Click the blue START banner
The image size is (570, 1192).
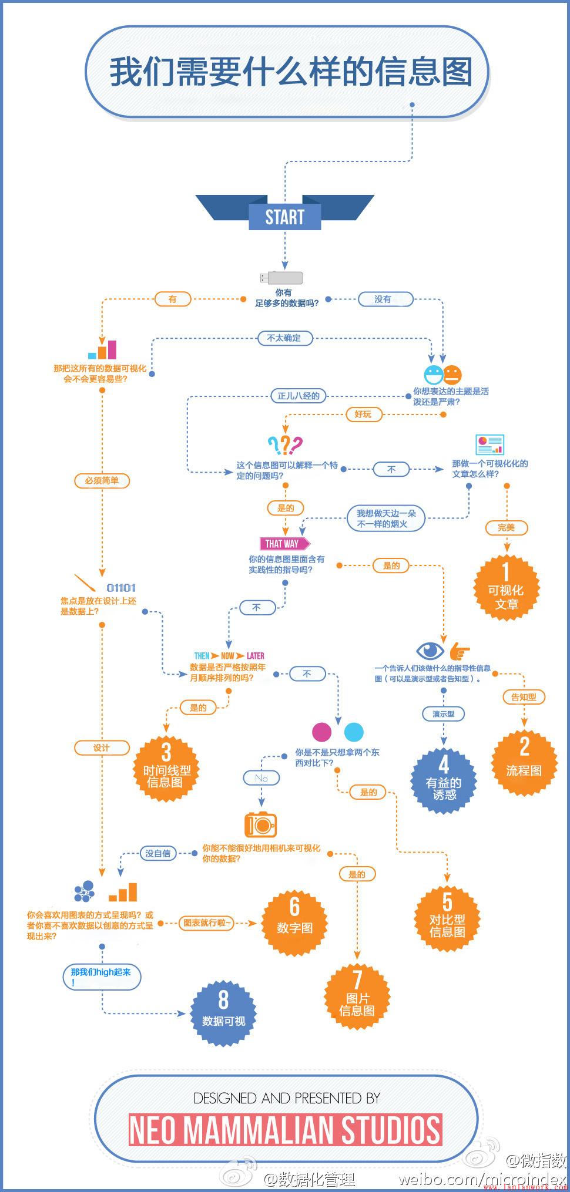pos(285,217)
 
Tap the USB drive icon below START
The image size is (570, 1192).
pos(281,278)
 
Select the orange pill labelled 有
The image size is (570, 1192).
pos(172,299)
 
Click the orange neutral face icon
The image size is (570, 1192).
pos(452,374)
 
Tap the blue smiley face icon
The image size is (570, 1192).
pos(433,374)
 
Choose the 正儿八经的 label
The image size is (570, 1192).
pos(298,396)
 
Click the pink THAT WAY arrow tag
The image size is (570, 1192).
pos(284,544)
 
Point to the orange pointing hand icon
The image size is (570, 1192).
pos(460,651)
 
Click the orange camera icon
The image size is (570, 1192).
pos(260,825)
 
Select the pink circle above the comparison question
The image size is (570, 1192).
pos(321,732)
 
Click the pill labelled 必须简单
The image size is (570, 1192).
pos(102,480)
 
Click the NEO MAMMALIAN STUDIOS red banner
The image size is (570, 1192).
pos(285,1130)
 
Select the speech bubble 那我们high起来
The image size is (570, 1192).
pos(102,977)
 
